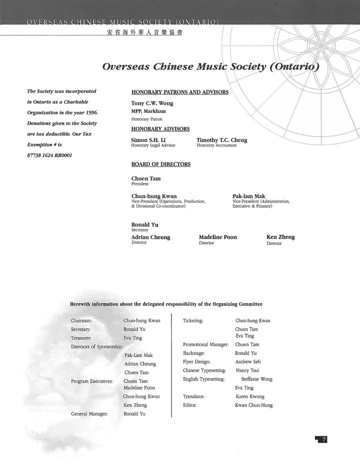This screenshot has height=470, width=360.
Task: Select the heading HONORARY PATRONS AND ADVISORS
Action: tap(179, 92)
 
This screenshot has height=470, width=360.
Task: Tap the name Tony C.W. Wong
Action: tap(152, 103)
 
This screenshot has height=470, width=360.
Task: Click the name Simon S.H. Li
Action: tap(148, 140)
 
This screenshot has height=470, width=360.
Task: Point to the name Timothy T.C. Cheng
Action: tap(221, 140)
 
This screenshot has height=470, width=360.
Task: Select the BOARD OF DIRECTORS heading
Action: tap(160, 164)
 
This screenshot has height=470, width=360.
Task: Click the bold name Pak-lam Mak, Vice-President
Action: tap(248, 196)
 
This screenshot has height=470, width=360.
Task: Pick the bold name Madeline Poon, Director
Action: tap(217, 237)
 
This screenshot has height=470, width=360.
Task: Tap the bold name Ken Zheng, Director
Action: tap(280, 237)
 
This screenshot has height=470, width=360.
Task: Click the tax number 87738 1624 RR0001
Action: tap(49, 155)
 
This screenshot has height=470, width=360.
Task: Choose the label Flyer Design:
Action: tap(196, 362)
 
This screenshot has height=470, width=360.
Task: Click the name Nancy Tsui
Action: tap(247, 371)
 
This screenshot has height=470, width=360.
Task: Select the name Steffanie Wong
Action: tap(256, 380)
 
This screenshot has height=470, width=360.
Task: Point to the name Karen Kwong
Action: tap(250, 397)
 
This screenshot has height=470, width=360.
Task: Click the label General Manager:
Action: tap(89, 414)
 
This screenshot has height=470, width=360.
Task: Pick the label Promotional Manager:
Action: tap(205, 345)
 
